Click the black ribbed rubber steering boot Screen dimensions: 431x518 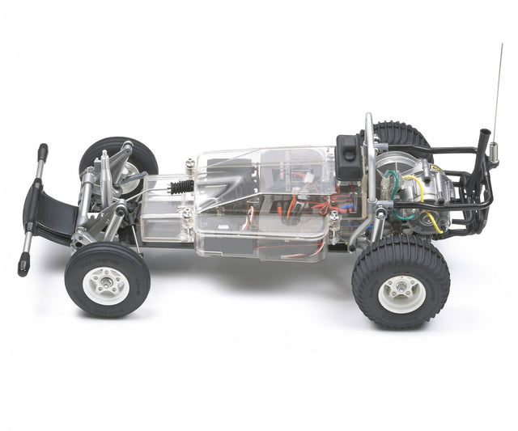pos(182,188)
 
